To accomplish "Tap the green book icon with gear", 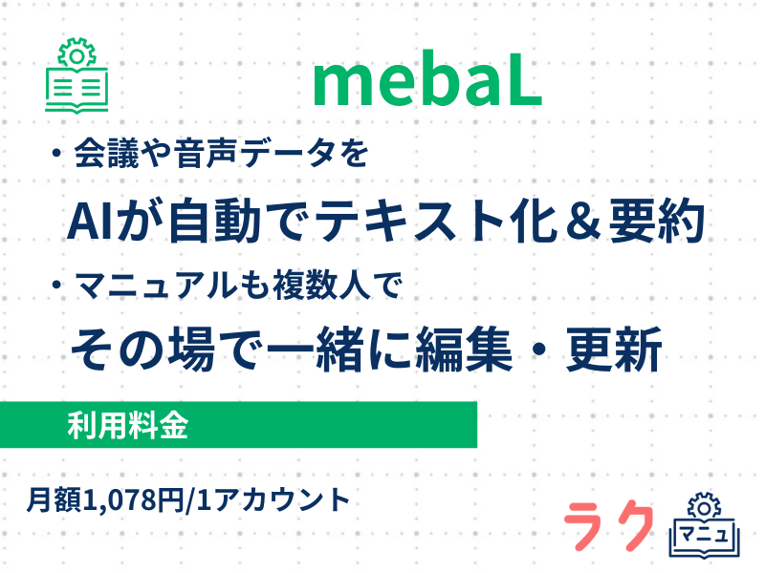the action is click(76, 75).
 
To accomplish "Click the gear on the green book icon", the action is click(76, 53).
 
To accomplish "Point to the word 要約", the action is click(657, 222).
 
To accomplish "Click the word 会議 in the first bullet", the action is click(107, 153).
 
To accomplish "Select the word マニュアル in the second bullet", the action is click(156, 285).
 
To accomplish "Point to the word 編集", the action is click(465, 350).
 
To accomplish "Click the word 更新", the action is click(614, 350).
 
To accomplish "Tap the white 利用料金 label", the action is click(128, 425).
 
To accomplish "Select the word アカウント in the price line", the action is click(282, 499).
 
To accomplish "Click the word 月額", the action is click(55, 499).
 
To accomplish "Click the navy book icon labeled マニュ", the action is click(705, 526).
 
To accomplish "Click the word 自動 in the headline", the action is click(215, 222).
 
